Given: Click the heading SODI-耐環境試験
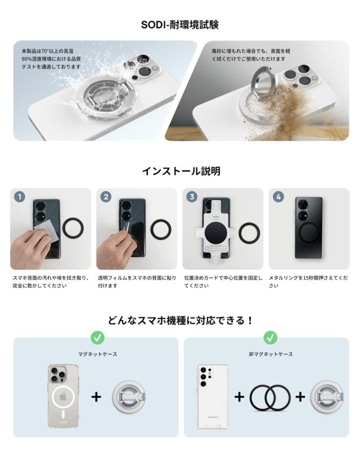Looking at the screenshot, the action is [x=179, y=25].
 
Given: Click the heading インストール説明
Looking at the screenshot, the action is [x=181, y=171].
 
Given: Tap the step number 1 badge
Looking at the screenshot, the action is [x=20, y=197].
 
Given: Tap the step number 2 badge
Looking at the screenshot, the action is [x=106, y=197].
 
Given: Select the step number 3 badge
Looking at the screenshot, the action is [x=192, y=197].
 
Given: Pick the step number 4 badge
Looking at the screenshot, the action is [x=278, y=197].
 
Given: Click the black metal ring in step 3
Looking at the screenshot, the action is [x=240, y=232].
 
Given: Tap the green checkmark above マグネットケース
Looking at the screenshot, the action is [x=98, y=338].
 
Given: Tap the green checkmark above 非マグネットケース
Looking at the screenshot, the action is [x=270, y=338].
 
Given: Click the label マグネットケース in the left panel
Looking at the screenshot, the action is [x=98, y=354].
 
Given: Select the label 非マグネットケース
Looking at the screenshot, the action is [x=271, y=354].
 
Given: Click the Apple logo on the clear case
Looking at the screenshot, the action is [x=63, y=397].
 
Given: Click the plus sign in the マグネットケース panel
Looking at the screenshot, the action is [x=96, y=397].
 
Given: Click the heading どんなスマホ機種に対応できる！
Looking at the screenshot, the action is [x=181, y=320].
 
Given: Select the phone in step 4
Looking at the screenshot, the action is [x=309, y=228].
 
